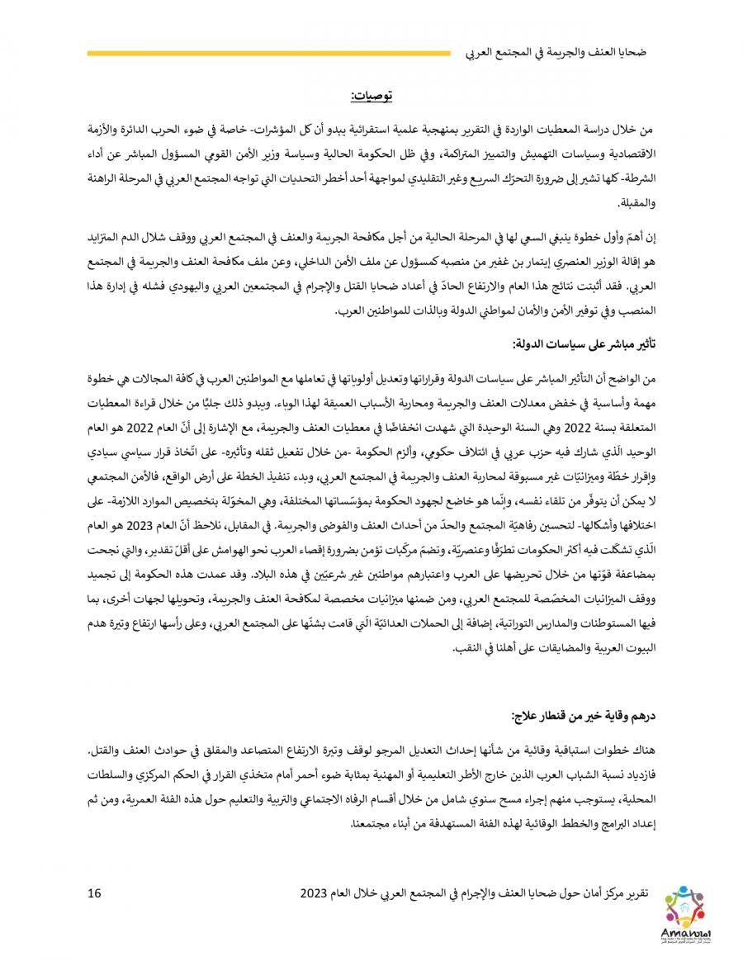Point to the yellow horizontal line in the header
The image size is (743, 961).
click(268, 54)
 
